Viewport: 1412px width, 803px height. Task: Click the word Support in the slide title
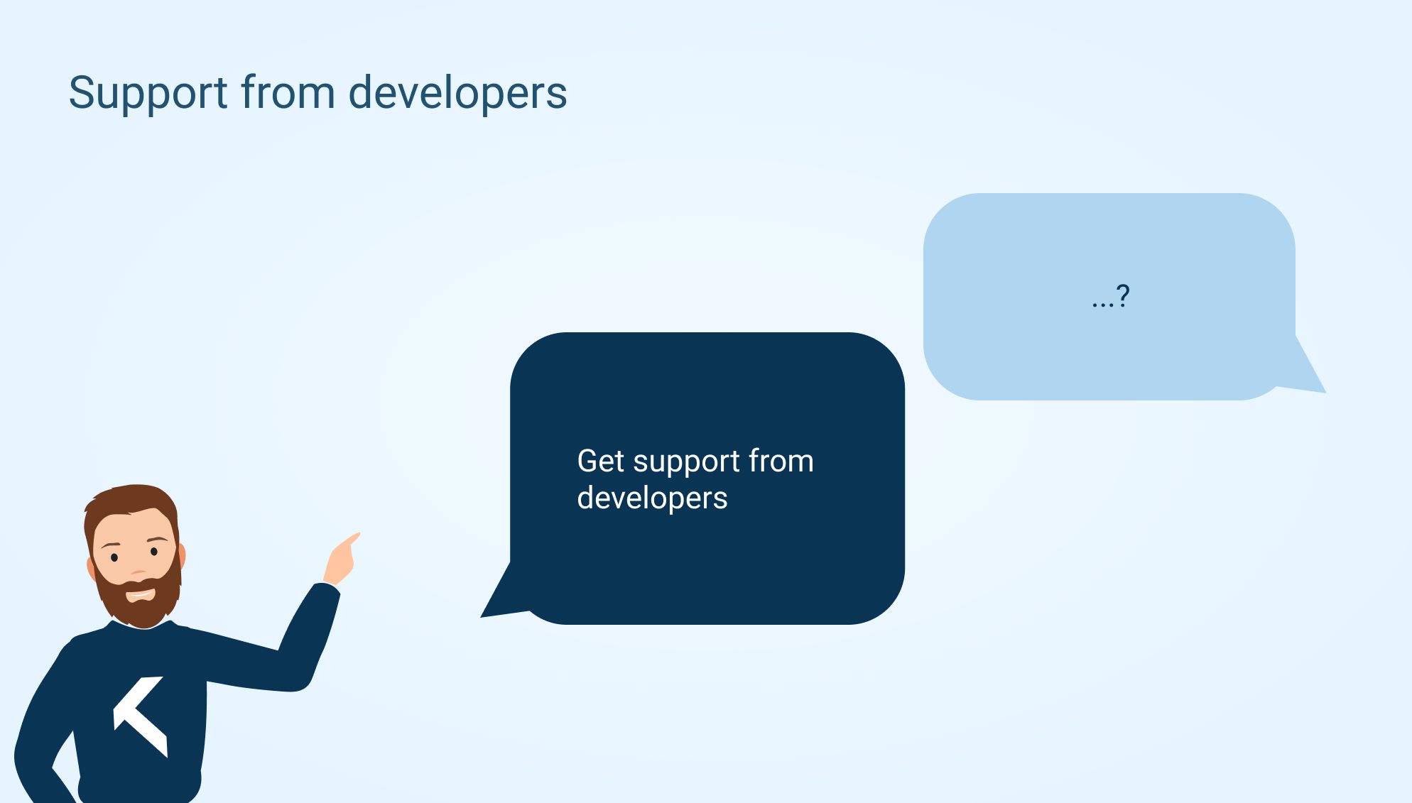click(x=148, y=94)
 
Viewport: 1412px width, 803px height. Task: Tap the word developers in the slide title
click(x=458, y=94)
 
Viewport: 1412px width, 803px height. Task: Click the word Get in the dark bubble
click(x=601, y=461)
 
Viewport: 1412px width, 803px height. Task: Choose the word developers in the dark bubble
click(x=652, y=498)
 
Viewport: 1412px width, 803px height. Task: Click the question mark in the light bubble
click(x=1123, y=295)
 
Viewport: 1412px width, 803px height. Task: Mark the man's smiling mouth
click(x=140, y=593)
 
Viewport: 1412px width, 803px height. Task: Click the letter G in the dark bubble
click(x=587, y=461)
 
